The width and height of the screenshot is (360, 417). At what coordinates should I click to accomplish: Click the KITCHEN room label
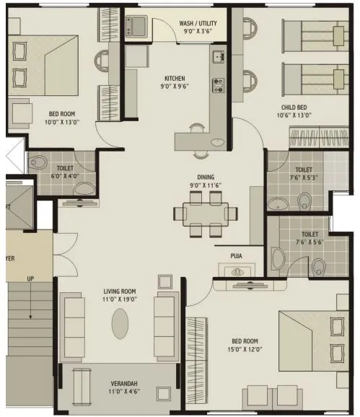point(175,78)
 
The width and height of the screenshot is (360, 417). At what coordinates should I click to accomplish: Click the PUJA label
point(236,255)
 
